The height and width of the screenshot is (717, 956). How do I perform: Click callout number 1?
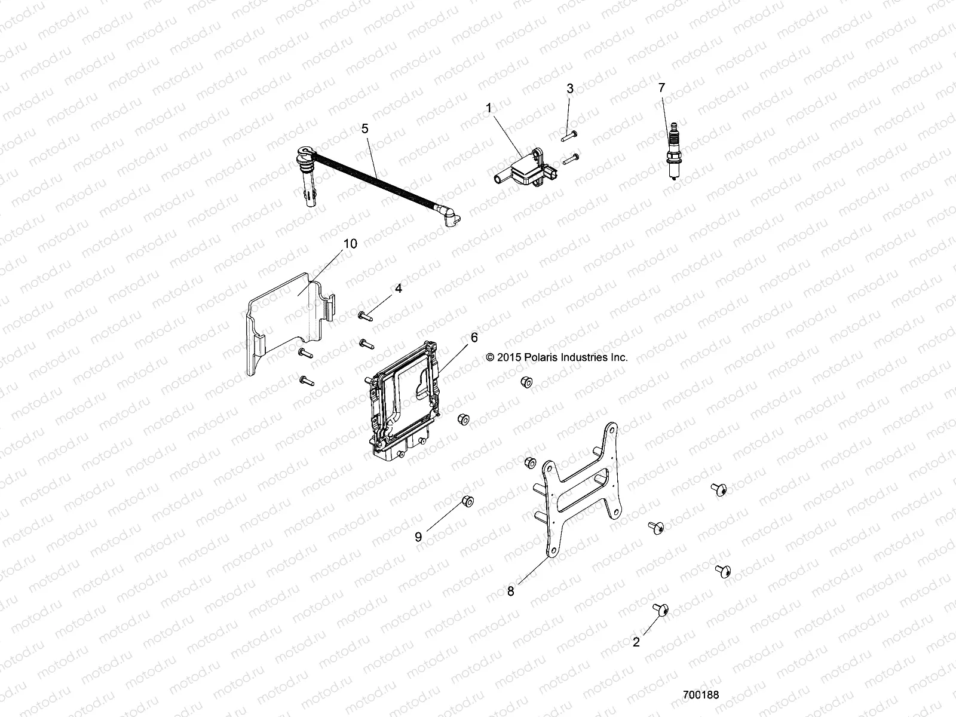505,109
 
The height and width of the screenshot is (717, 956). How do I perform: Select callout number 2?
636,642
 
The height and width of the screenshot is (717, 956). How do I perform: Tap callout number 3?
570,88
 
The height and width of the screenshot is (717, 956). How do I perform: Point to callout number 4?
398,289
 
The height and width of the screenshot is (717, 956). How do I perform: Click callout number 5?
365,128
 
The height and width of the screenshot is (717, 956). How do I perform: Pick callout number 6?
474,338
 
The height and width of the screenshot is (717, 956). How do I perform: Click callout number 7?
661,88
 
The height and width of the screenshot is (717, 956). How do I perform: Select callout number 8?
511,591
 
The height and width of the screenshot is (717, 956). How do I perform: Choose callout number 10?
350,244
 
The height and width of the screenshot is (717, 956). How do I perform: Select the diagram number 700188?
701,695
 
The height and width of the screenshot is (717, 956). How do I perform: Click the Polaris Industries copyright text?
557,357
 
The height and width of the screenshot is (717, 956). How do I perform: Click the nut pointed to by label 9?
467,501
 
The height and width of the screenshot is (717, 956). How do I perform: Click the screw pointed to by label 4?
364,315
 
